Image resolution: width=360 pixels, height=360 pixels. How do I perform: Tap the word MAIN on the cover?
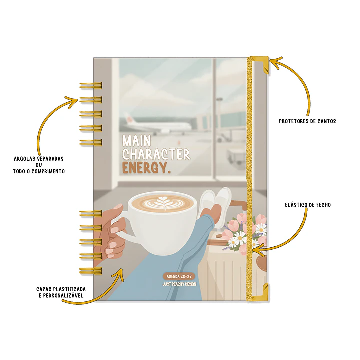(x=136, y=141)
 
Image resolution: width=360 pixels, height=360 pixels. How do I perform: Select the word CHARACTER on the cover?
(x=156, y=154)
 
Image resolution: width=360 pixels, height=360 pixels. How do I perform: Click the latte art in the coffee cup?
(x=164, y=203)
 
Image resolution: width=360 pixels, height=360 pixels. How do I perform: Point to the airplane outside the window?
(x=157, y=125)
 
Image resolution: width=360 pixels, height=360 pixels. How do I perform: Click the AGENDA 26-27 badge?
(x=179, y=276)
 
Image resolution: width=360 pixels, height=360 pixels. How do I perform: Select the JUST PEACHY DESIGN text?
(x=179, y=284)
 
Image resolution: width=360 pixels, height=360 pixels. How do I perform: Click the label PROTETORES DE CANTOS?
(x=307, y=121)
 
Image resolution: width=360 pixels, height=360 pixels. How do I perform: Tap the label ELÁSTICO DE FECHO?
(x=308, y=205)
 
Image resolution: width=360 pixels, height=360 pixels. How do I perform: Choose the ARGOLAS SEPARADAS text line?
(x=39, y=159)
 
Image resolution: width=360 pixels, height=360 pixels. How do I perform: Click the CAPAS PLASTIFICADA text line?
(x=61, y=289)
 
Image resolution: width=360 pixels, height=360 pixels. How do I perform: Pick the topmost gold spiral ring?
(x=91, y=86)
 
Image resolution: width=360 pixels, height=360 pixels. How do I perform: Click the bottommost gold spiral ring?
(x=91, y=271)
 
